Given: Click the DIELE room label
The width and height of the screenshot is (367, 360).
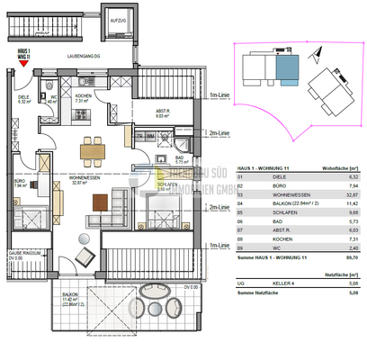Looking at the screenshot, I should click(x=24, y=98).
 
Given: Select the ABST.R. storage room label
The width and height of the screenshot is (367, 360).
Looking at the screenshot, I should click(x=138, y=112).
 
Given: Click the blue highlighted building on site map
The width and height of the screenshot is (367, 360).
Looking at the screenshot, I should click(x=287, y=65).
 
